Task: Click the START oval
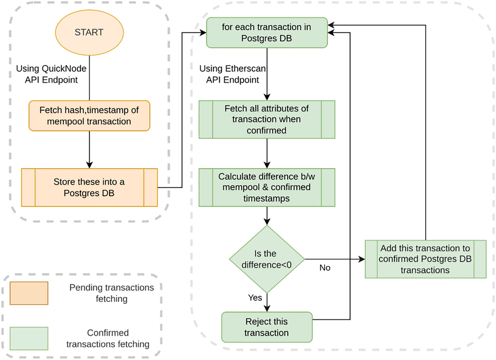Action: pos(89,33)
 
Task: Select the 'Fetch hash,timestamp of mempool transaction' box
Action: pos(89,116)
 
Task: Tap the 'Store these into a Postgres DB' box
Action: pos(89,187)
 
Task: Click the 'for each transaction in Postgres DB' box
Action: pos(267,33)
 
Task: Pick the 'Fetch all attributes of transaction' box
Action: pos(267,119)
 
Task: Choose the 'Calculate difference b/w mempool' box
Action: pos(267,187)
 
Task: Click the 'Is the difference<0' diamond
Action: pos(267,259)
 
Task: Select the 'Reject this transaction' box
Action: pos(267,327)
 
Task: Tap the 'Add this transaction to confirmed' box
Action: pos(425,259)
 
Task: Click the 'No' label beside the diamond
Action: pos(325,268)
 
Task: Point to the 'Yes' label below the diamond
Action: pos(255,297)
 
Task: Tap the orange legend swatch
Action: pos(29,293)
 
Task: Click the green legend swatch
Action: pos(29,338)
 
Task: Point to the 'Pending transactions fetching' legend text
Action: pos(111,293)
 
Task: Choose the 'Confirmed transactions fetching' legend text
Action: pos(108,338)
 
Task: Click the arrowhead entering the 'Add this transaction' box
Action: pos(362,259)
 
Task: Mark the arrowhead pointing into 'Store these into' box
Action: pos(89,165)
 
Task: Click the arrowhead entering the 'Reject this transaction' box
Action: pos(267,308)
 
